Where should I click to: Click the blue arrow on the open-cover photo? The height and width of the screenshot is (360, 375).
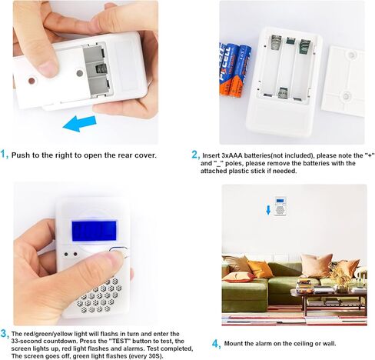point(79,122)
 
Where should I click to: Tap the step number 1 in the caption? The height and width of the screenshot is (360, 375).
point(5,155)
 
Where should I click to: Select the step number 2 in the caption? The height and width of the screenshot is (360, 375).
point(194,155)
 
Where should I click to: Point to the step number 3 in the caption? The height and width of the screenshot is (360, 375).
point(5,333)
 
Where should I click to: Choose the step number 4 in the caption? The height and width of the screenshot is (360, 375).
point(216,344)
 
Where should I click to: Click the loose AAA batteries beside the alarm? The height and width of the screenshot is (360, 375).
point(234,69)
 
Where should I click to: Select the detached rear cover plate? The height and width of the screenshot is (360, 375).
point(342,81)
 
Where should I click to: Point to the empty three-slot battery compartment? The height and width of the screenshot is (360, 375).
point(288,69)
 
